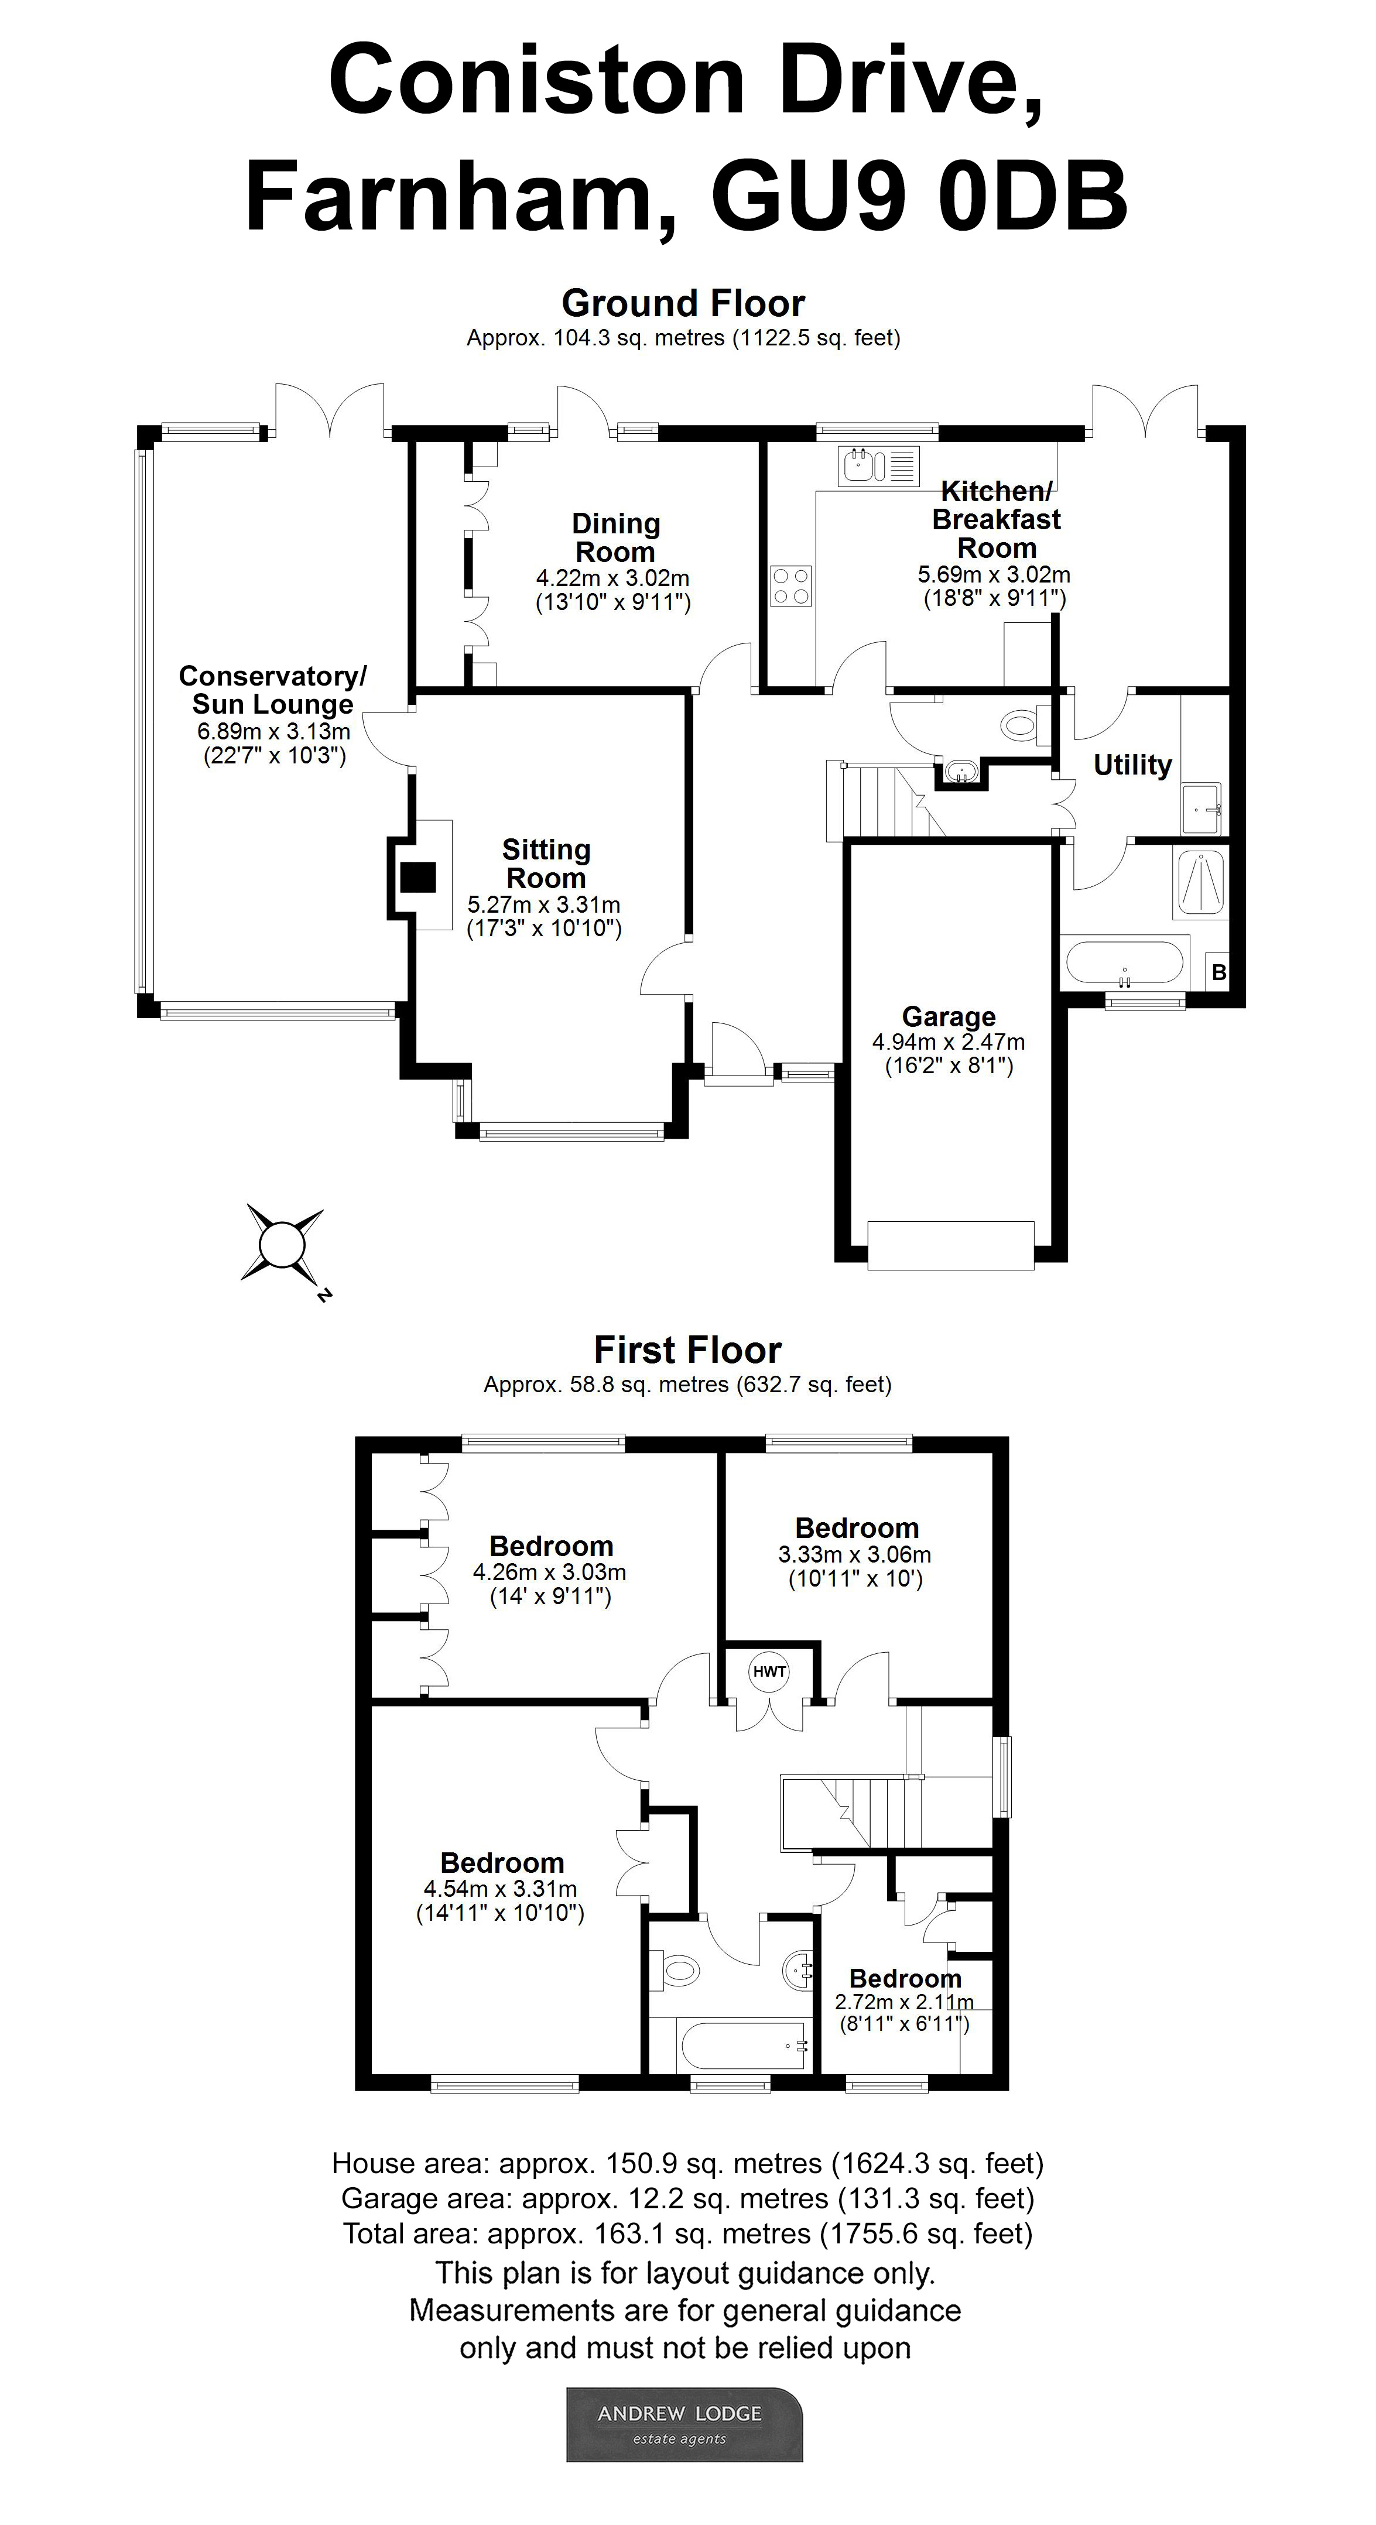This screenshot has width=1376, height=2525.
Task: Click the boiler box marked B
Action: pos(1218,972)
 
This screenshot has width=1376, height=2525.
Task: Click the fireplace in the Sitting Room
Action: pos(419,876)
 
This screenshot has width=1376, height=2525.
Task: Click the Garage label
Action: pos(948,1016)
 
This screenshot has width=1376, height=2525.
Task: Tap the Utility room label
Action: pos(1132,765)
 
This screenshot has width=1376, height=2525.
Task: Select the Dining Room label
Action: pos(615,537)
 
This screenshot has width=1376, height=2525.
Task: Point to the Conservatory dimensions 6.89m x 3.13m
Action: pos(273,731)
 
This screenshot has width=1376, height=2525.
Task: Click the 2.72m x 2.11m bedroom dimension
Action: pos(903,2002)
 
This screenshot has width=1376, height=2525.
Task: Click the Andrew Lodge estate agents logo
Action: pos(684,2424)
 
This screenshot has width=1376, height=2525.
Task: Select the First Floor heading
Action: pos(687,1350)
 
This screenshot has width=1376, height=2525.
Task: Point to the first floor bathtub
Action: pos(730,2046)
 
